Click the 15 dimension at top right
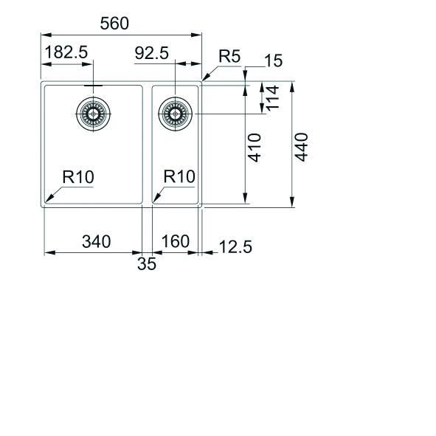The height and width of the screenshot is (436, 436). tap(273, 61)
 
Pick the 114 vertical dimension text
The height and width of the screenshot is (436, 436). tap(272, 99)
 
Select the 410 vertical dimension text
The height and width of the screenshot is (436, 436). tap(254, 147)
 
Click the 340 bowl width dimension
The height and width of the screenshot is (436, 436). tap(96, 241)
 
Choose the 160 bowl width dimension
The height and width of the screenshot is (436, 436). tap(175, 241)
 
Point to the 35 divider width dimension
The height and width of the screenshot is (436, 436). tap(147, 264)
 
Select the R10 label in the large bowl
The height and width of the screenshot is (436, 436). tap(78, 177)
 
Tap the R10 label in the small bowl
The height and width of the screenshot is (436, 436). tap(179, 177)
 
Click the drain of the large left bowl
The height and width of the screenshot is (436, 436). tap(93, 114)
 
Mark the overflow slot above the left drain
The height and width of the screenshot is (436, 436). tap(93, 86)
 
